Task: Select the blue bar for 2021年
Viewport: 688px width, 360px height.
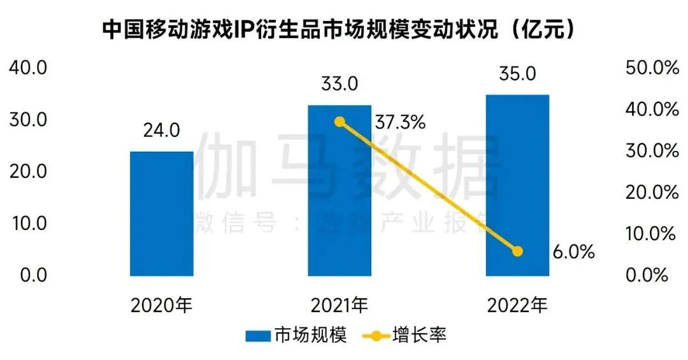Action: pos(340,191)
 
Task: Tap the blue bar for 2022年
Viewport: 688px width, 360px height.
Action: pos(517,185)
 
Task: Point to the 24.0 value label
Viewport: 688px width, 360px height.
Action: pos(161,131)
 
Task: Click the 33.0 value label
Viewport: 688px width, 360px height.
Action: pos(340,83)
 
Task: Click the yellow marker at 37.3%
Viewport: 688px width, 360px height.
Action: pos(340,122)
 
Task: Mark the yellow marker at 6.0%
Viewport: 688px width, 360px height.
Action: pos(517,251)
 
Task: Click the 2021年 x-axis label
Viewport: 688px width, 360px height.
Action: pos(340,306)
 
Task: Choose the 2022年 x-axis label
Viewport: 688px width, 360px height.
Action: pos(517,306)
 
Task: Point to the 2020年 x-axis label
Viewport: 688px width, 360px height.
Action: pos(161,306)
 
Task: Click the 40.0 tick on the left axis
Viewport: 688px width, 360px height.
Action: pos(27,68)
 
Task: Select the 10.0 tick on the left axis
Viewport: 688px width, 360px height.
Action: pos(27,224)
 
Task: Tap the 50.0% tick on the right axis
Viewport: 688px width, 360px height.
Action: pos(652,68)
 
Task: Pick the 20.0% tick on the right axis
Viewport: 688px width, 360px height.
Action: pos(652,192)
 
